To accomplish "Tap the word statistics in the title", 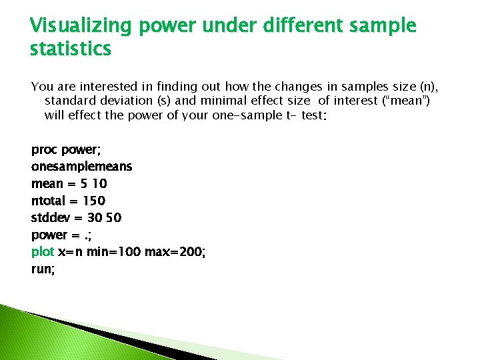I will [71, 49].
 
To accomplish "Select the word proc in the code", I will [45, 149].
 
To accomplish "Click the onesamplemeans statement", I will [81, 166].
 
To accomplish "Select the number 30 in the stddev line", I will [94, 218].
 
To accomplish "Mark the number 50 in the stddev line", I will [114, 218].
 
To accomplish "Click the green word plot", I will [43, 252].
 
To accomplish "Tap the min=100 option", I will [110, 252].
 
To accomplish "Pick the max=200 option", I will [173, 252].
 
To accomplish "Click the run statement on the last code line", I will [43, 269].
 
